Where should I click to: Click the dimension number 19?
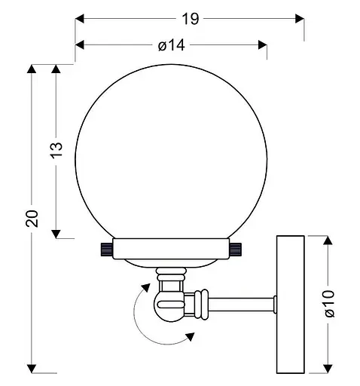(x=191, y=19)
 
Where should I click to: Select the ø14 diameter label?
(x=172, y=45)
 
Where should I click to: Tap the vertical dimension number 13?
(x=56, y=150)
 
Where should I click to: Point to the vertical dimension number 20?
(x=32, y=218)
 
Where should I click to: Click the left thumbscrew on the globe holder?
(x=107, y=250)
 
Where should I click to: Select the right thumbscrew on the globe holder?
(x=236, y=250)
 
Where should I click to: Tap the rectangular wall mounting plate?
(x=291, y=305)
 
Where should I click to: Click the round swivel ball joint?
(x=169, y=305)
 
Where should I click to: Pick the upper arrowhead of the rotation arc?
(x=146, y=287)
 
